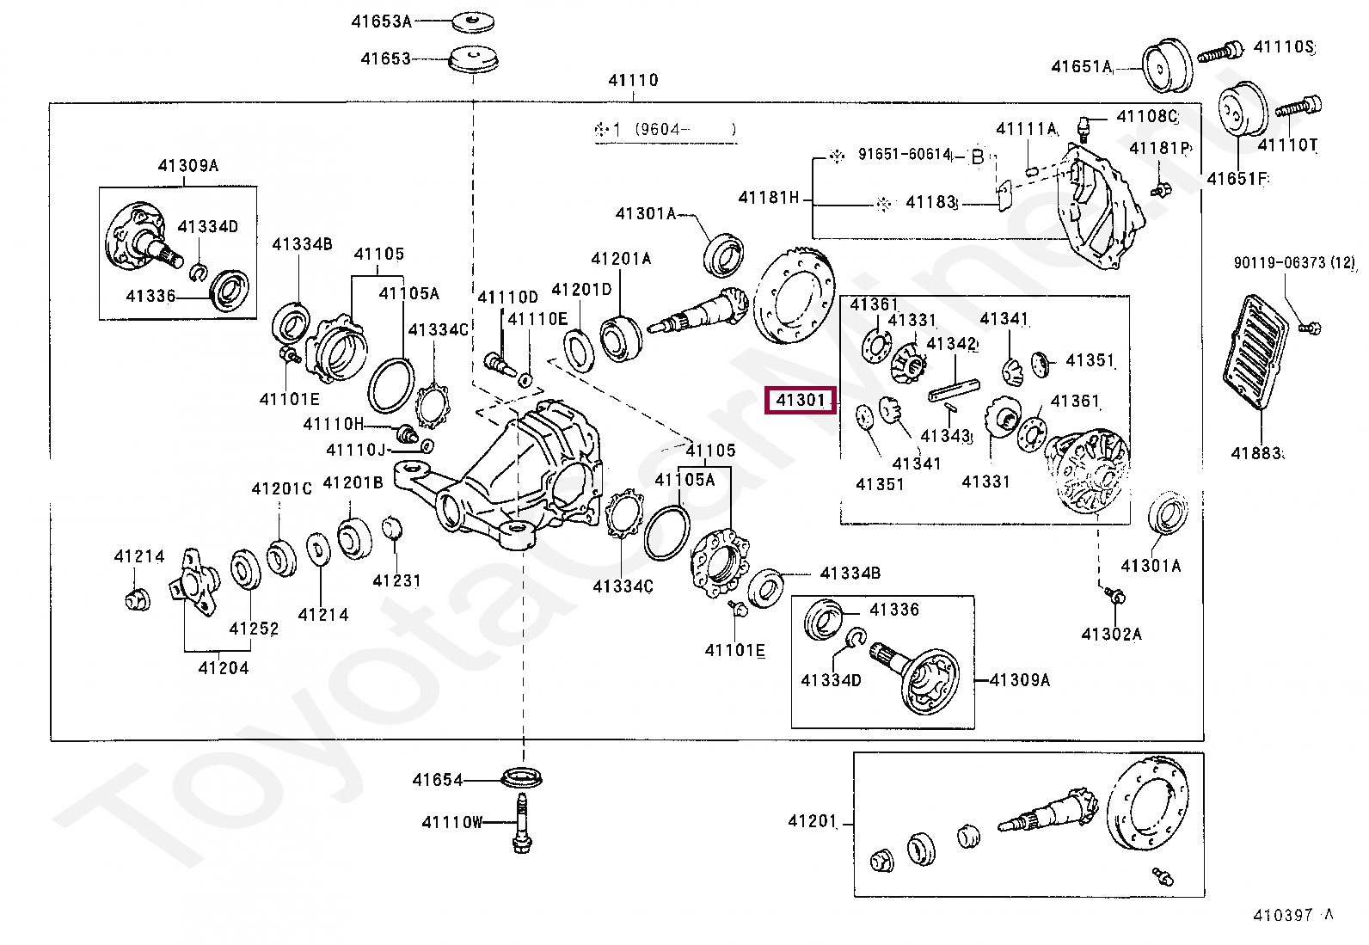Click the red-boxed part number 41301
[801, 400]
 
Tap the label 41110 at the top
[633, 80]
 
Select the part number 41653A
[381, 21]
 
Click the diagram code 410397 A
[1292, 915]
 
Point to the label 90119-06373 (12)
[1293, 263]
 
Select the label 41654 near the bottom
[437, 780]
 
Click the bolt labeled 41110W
[520, 824]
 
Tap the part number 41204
[223, 667]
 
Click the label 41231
[396, 580]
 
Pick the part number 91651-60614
[904, 155]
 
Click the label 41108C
[1146, 116]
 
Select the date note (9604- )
[685, 130]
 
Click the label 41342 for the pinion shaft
[952, 344]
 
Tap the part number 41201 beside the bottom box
[812, 821]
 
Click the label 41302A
[1111, 635]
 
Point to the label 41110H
[334, 424]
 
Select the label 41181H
[769, 198]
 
